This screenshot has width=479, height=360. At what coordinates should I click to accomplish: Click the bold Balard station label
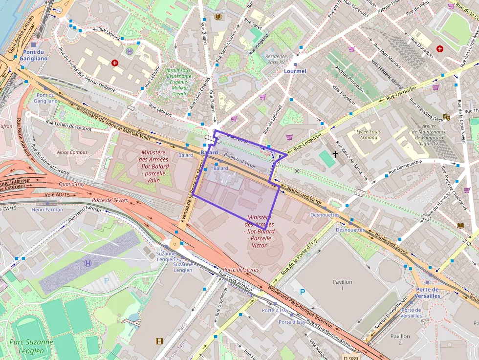pyautogui.click(x=209, y=152)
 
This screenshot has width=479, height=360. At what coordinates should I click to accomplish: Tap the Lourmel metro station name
pyautogui.click(x=295, y=71)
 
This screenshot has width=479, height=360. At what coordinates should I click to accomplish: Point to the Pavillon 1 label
pyautogui.click(x=342, y=285)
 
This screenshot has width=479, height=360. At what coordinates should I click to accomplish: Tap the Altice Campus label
pyautogui.click(x=72, y=152)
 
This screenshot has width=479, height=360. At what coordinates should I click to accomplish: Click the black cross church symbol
pyautogui.click(x=335, y=154)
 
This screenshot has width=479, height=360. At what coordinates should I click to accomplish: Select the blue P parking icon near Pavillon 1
pyautogui.click(x=302, y=292)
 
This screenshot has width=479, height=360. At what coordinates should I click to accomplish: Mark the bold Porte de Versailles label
pyautogui.click(x=427, y=293)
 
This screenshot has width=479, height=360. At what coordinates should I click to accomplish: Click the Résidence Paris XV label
pyautogui.click(x=276, y=59)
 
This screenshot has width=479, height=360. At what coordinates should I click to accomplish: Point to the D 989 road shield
pyautogui.click(x=351, y=357)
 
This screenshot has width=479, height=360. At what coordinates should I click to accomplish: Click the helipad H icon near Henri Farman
pyautogui.click(x=87, y=263)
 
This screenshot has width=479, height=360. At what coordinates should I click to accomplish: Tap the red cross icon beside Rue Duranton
pyautogui.click(x=439, y=49)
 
